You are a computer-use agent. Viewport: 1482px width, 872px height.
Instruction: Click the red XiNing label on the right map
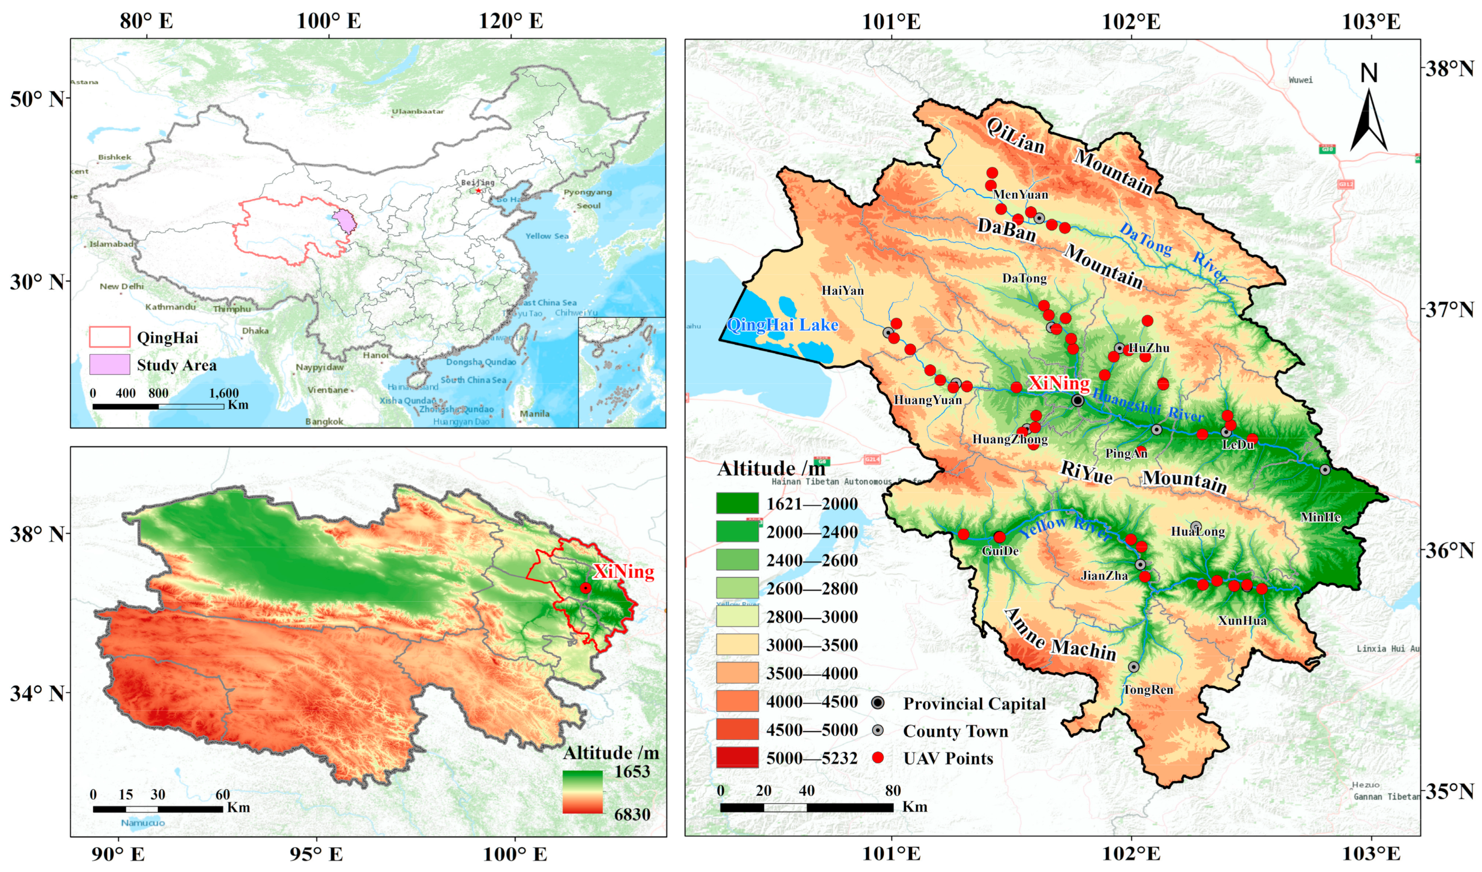[x=1059, y=384]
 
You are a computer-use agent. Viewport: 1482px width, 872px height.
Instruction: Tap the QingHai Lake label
[x=782, y=325]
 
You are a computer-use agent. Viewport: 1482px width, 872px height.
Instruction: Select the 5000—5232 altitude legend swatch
[x=737, y=758]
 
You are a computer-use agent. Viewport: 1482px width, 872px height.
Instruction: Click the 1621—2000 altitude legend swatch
[x=737, y=503]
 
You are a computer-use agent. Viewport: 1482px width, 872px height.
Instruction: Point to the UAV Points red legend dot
[x=877, y=758]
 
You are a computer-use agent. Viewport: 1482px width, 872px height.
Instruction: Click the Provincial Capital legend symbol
[x=877, y=703]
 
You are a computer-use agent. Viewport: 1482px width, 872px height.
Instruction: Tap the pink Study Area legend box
[x=109, y=365]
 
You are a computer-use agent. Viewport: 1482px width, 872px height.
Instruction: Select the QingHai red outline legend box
[x=109, y=337]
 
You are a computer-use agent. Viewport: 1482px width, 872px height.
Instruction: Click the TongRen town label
[x=1148, y=690]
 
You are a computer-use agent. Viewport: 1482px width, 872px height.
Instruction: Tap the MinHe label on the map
[x=1320, y=517]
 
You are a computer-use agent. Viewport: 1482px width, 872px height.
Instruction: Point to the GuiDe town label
[x=1000, y=551]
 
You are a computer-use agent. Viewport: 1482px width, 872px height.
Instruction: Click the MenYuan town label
[x=1020, y=195]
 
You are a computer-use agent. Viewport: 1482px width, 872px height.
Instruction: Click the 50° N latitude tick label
[x=37, y=99]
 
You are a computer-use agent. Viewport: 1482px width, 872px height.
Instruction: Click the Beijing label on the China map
[x=478, y=182]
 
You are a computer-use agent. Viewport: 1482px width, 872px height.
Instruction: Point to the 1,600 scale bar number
[x=224, y=393]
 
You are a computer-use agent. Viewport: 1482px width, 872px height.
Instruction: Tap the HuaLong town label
[x=1198, y=532]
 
